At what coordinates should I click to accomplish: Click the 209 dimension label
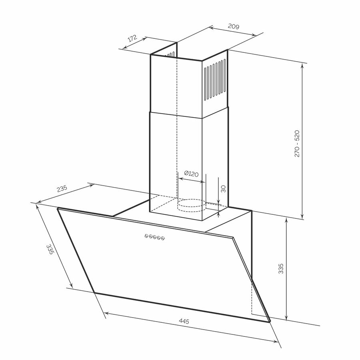pos(234,26)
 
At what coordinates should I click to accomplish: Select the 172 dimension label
pos(132,38)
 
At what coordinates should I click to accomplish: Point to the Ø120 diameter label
pos(191,174)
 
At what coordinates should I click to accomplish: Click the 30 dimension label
pos(223,189)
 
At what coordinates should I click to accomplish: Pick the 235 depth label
pos(62,188)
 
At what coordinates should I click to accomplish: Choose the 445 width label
pos(184,321)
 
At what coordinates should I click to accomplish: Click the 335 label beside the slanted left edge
pos(50,250)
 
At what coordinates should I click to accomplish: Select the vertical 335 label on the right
pos(281,268)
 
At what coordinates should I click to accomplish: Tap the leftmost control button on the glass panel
pos(146,236)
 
